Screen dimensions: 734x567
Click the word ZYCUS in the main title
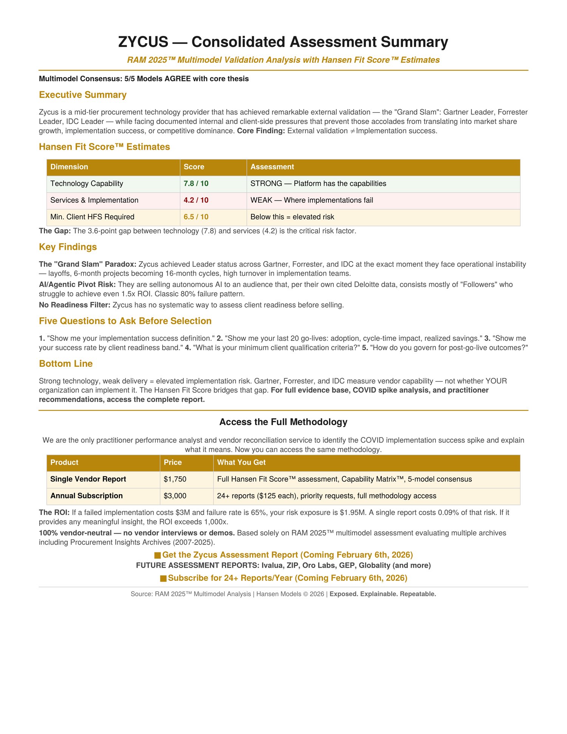[143, 42]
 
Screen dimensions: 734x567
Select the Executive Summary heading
[82, 95]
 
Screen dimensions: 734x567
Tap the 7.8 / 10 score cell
[196, 184]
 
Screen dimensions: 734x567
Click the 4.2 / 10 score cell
[196, 200]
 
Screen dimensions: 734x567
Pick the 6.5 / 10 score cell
[196, 217]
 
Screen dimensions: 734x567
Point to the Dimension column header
[69, 167]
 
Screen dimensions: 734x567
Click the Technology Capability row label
[87, 184]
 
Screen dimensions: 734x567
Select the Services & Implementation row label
[94, 200]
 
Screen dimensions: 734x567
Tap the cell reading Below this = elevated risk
[292, 217]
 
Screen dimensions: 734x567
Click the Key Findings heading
[68, 247]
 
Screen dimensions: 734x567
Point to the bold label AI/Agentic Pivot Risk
[77, 285]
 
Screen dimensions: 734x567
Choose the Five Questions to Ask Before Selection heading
[125, 321]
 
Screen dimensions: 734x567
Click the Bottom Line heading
[66, 364]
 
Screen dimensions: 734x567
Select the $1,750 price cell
[175, 479]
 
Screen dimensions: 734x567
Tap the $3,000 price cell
[175, 496]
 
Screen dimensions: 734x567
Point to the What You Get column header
[241, 462]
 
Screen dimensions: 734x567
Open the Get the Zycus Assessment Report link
[287, 555]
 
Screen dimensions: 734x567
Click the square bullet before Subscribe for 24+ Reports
[163, 579]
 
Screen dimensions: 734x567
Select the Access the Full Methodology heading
[283, 422]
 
